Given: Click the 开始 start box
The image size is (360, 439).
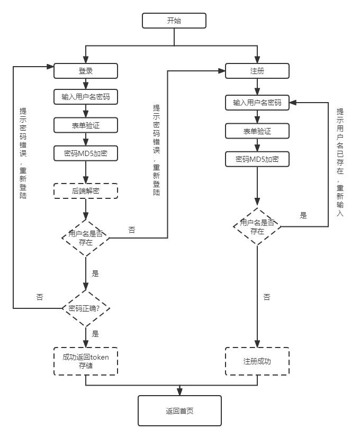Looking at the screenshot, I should (x=174, y=21).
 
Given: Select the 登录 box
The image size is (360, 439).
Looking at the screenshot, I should (x=85, y=70).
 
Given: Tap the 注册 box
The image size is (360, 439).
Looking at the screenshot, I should (x=257, y=70).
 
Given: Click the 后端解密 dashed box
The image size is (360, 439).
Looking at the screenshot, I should (x=85, y=190).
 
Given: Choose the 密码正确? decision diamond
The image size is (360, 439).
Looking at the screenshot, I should (x=85, y=308).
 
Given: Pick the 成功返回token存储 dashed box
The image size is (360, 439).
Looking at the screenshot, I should (x=85, y=361).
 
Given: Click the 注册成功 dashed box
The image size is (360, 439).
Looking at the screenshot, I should (x=257, y=361).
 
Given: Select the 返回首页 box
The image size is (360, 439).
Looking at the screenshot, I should (x=179, y=410).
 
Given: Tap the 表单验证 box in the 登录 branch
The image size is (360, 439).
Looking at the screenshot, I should (x=85, y=125).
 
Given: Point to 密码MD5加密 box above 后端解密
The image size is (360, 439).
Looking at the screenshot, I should (x=85, y=153).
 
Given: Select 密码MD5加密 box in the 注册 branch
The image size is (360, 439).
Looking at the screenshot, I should (x=257, y=159).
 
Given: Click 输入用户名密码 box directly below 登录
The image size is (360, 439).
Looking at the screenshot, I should (x=85, y=97).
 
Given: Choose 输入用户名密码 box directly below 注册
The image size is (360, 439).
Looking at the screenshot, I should (x=257, y=103).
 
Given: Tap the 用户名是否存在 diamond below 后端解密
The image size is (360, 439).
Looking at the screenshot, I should (x=85, y=238).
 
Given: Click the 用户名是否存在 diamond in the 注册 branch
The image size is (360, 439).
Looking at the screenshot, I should (x=257, y=226).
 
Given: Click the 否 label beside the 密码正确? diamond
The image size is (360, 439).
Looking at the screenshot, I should (x=40, y=297).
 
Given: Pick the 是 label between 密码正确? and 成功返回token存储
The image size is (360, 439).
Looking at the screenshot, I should (x=95, y=334).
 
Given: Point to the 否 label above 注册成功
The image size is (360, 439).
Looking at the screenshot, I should (x=267, y=297).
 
